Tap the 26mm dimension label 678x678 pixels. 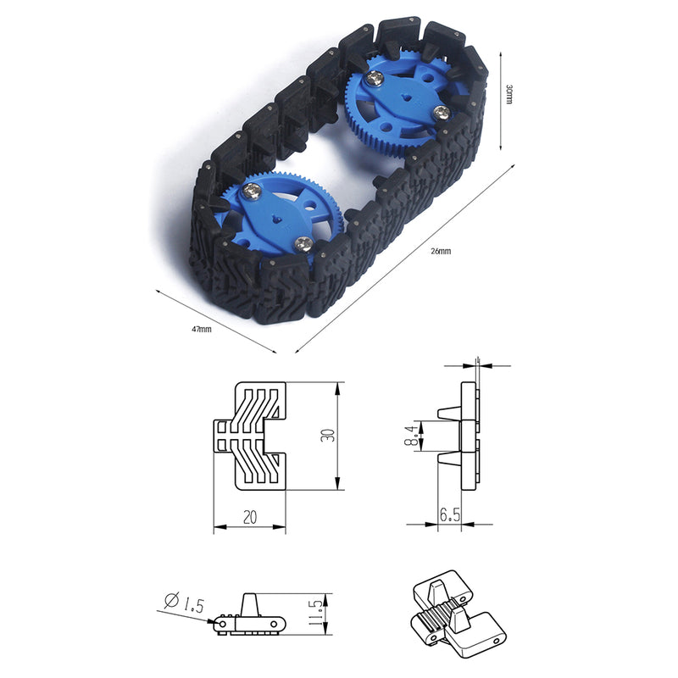(x=441, y=252)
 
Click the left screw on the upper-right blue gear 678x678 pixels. (x=375, y=79)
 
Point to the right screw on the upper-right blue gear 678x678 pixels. (x=439, y=112)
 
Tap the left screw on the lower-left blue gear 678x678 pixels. (x=251, y=193)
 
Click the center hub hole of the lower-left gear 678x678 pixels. (x=278, y=219)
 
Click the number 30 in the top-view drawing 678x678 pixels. (x=327, y=436)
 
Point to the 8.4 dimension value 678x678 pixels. (x=413, y=436)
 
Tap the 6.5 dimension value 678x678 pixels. (x=449, y=514)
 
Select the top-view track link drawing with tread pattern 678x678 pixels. (x=249, y=436)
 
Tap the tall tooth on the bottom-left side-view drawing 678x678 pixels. (x=252, y=603)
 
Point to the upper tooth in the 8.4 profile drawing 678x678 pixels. (x=448, y=412)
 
